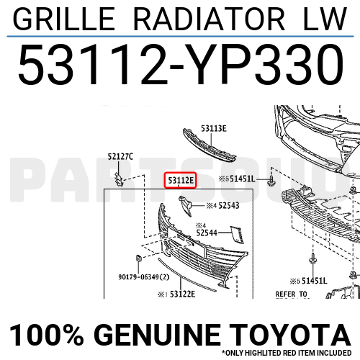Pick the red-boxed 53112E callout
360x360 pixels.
tap(180, 181)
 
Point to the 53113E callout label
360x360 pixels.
tap(214, 128)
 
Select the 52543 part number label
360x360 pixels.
tap(230, 206)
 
